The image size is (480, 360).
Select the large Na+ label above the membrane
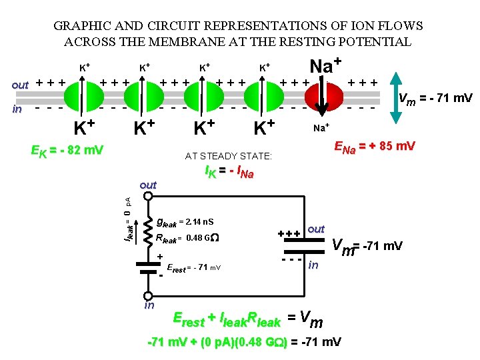pyautogui.click(x=326, y=67)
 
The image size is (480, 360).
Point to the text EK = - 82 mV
pyautogui.click(x=67, y=149)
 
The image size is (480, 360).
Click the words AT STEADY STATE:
pyautogui.click(x=229, y=156)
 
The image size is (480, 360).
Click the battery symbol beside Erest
pyautogui.click(x=148, y=267)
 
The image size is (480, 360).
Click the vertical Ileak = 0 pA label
pyautogui.click(x=129, y=217)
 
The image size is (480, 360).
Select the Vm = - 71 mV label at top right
pyautogui.click(x=435, y=99)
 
